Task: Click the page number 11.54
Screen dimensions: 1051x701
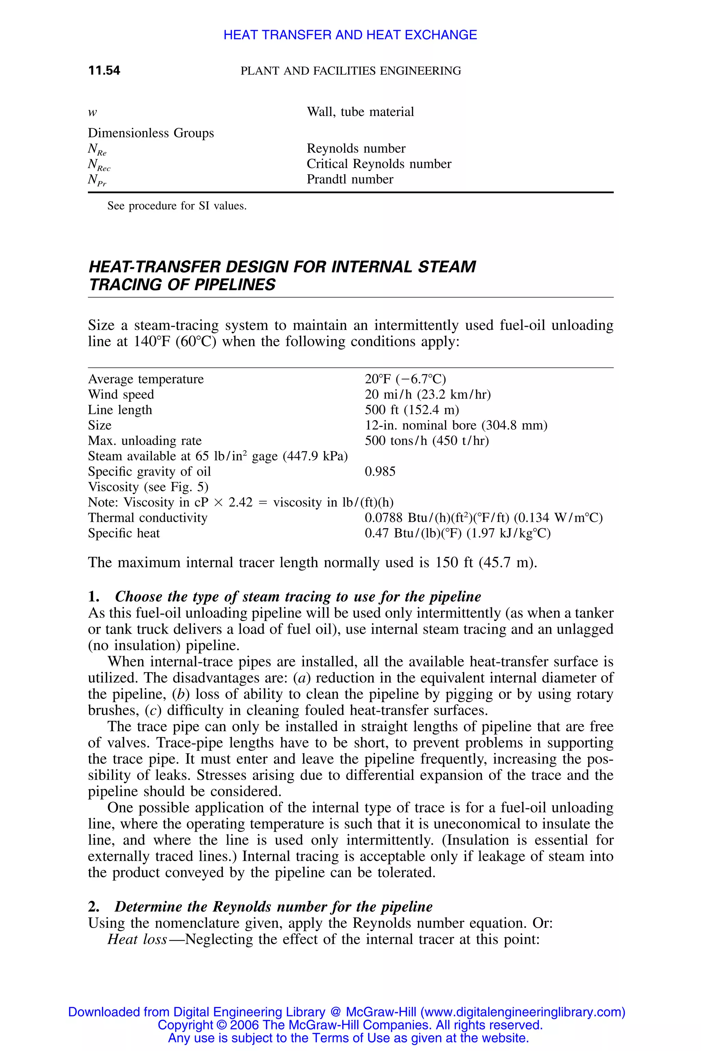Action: pos(104,70)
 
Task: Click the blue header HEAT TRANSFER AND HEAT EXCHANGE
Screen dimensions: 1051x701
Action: pos(350,35)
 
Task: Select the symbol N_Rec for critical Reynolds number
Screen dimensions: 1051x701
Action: pos(99,165)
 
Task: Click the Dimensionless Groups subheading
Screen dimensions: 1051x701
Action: pos(151,133)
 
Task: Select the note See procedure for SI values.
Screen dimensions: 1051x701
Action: pos(177,206)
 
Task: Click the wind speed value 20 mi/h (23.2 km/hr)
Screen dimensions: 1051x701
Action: pos(428,394)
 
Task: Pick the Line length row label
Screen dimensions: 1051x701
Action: pos(120,410)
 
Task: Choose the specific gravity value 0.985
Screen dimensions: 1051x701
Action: pos(380,471)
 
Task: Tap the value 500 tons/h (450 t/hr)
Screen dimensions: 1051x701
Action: pos(426,441)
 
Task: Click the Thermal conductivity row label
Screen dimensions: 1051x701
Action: pos(148,518)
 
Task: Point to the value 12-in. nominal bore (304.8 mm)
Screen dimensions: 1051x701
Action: pos(456,425)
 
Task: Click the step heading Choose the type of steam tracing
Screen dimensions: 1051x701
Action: pos(297,597)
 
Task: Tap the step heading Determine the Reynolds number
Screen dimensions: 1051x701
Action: pos(273,907)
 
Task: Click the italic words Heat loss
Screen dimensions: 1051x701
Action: pos(137,939)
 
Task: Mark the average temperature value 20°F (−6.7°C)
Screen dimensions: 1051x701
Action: pos(405,379)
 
